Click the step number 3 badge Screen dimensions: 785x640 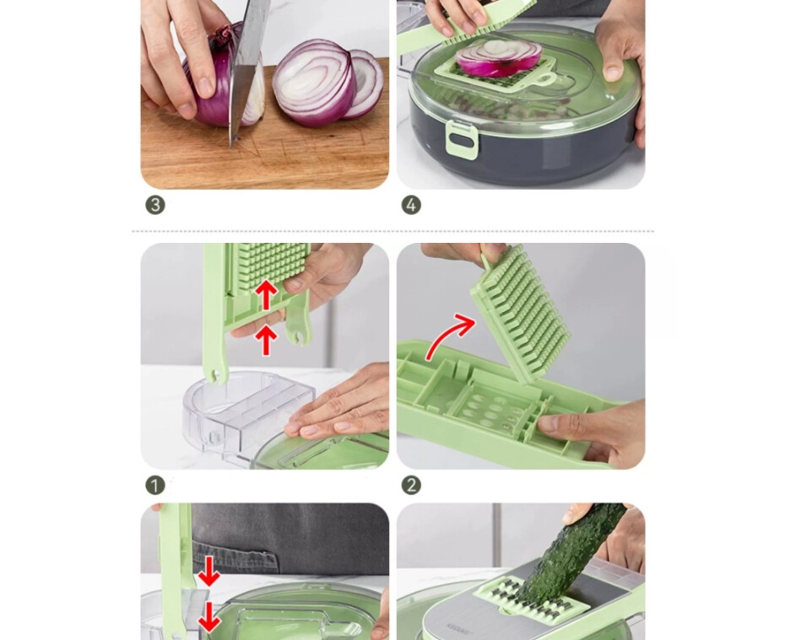point(155,205)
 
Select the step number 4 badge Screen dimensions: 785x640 point(411,205)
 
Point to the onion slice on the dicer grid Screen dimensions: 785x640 point(499,58)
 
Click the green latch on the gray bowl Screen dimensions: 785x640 point(462,140)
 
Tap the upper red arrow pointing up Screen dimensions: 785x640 point(267,295)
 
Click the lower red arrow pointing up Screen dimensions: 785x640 point(266,340)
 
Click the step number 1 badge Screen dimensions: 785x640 point(155,485)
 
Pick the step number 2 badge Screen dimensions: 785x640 point(411,485)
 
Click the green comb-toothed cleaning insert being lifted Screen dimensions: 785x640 point(521,310)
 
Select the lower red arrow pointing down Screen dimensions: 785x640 point(209,617)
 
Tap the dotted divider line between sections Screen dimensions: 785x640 point(393,232)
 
